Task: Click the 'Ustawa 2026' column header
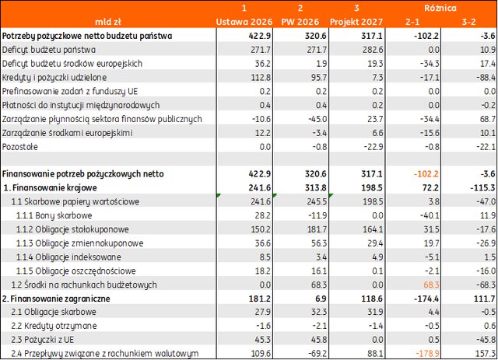point(244,22)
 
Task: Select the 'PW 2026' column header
point(300,22)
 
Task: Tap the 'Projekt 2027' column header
point(356,22)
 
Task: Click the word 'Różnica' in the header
point(440,8)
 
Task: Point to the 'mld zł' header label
point(108,22)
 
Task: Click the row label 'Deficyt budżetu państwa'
point(49,50)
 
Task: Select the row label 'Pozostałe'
point(19,147)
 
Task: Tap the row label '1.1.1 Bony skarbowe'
point(54,215)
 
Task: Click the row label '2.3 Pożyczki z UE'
point(42,340)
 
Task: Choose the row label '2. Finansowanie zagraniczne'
point(56,299)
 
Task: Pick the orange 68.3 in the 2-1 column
point(431,285)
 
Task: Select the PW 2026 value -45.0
point(317,119)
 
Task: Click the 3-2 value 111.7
point(485,299)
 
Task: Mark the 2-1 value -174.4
point(426,299)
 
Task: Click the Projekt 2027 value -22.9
point(373,147)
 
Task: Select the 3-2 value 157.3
point(485,354)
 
